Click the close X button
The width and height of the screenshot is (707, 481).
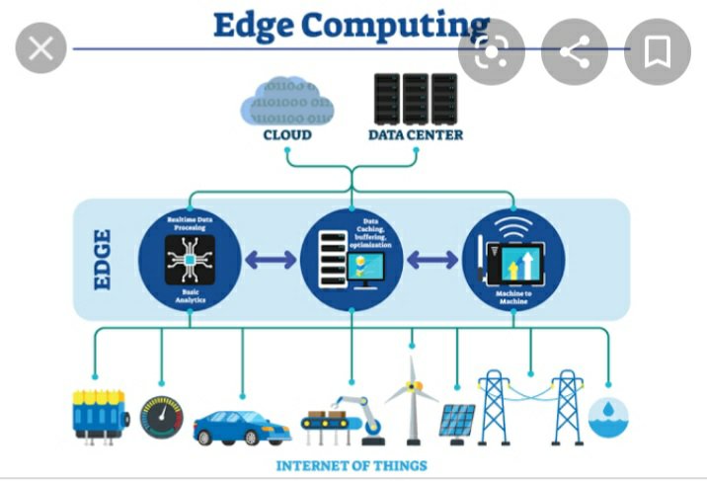coord(40,49)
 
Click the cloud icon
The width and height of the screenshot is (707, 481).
coord(287,103)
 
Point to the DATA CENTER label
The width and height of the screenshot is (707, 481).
coord(415,134)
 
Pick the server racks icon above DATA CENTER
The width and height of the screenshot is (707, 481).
coord(415,98)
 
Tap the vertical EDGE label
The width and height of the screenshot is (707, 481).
coord(103,260)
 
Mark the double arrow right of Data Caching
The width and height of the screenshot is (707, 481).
coord(432,261)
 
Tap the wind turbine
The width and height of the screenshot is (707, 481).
coord(411,400)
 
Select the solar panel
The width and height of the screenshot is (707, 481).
coord(456,423)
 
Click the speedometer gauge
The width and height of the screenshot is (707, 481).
coord(161,418)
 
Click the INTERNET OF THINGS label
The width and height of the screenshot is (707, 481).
coord(352,465)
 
